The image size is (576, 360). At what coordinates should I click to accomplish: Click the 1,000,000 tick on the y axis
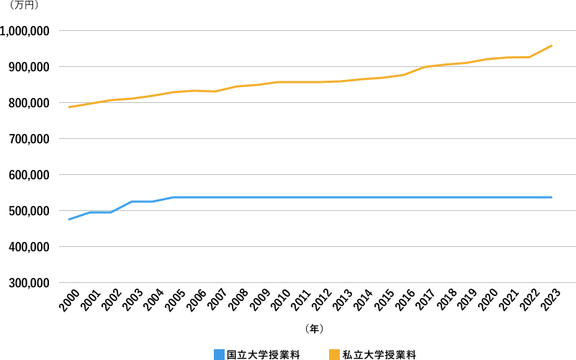pyautogui.click(x=24, y=31)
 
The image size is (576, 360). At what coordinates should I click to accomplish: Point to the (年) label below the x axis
pyautogui.click(x=314, y=328)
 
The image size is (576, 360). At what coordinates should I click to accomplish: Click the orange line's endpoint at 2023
pyautogui.click(x=552, y=45)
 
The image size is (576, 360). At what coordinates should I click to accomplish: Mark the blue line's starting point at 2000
pyautogui.click(x=69, y=220)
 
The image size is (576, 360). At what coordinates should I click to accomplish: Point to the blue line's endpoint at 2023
pyautogui.click(x=552, y=197)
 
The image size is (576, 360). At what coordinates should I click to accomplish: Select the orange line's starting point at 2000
pyautogui.click(x=69, y=107)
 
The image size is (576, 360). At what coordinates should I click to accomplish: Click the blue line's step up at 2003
pyautogui.click(x=132, y=202)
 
